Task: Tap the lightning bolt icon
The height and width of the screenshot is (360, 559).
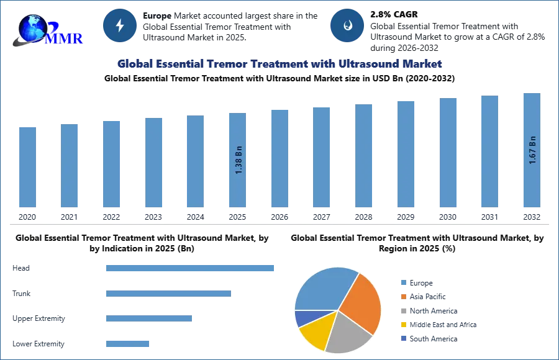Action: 120,25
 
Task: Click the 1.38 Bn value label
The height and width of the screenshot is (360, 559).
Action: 239,160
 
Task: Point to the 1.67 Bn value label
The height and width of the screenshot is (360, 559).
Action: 532,150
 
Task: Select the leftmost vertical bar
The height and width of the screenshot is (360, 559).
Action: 27,166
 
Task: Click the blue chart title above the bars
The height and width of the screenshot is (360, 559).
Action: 279,64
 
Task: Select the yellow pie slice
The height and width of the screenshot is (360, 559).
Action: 315,331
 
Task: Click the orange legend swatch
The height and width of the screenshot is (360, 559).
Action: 402,297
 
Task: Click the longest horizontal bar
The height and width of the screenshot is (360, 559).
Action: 191,268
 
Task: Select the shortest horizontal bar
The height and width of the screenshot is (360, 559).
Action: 127,343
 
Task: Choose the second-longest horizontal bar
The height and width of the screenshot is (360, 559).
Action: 168,293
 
